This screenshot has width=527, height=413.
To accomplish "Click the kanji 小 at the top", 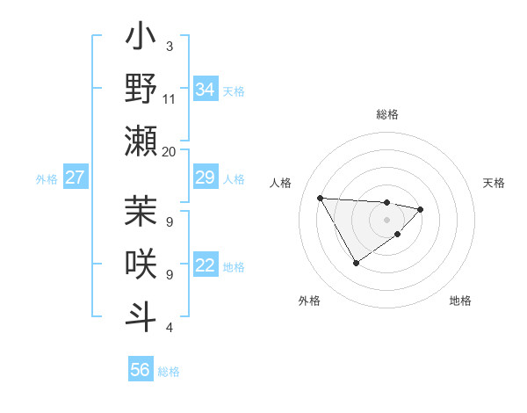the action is [x=141, y=40].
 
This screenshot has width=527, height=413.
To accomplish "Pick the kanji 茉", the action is [x=141, y=214].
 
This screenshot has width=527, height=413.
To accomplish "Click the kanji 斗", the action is [x=141, y=315].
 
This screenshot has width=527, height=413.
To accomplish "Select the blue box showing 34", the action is [x=206, y=90].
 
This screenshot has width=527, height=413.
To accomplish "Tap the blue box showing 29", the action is [x=206, y=178].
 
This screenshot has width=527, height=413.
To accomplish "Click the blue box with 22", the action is [x=206, y=266].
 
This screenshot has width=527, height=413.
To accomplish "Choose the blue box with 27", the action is [x=76, y=178].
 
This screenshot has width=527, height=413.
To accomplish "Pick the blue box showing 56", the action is [x=141, y=370].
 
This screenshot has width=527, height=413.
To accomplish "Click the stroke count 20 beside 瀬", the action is [x=170, y=151].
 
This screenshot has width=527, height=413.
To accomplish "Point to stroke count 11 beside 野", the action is [x=170, y=98].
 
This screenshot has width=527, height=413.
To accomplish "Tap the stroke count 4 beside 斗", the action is [x=169, y=328].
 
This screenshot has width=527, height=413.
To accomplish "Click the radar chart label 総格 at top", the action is [x=386, y=114].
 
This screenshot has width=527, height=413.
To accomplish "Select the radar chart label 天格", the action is [x=495, y=183].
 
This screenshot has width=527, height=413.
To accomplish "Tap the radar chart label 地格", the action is [x=460, y=301].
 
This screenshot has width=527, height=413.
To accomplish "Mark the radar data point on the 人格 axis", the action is [x=320, y=198].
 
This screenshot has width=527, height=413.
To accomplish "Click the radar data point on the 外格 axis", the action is [x=356, y=263].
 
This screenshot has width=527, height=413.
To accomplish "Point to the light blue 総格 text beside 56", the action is [x=169, y=372].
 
